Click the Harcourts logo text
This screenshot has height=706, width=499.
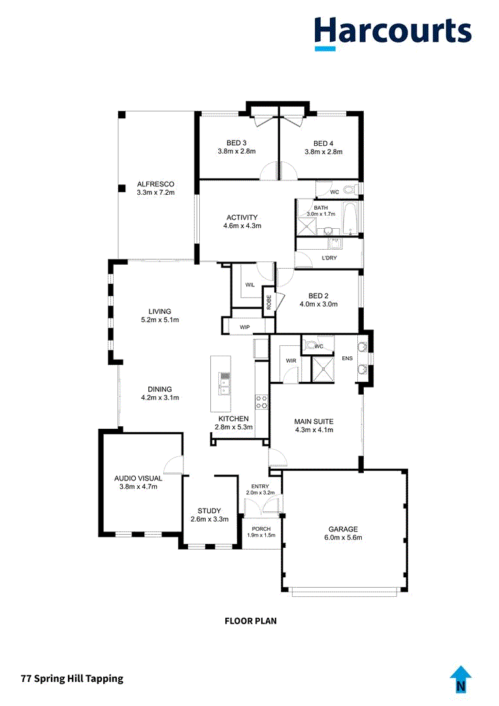[393, 31]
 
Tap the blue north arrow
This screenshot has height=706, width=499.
[460, 680]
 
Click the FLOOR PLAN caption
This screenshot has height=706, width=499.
[251, 621]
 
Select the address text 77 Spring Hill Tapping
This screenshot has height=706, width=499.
[72, 679]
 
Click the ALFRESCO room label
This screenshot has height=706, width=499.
[155, 184]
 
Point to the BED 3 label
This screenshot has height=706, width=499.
[236, 143]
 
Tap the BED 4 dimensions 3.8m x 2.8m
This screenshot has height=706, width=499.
[323, 152]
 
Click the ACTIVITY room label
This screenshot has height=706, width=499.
[242, 218]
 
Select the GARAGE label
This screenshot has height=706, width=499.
[343, 529]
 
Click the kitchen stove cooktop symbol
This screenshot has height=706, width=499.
[262, 402]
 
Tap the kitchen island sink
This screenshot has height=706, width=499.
[225, 383]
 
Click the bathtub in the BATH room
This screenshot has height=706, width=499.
[350, 218]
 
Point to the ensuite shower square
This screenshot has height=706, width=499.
[323, 369]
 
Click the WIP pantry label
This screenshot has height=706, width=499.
[245, 328]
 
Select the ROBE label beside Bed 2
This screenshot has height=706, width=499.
[268, 301]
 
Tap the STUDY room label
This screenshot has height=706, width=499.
[209, 511]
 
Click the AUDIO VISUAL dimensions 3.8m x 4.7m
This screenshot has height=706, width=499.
[138, 487]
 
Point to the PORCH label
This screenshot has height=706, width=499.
[261, 529]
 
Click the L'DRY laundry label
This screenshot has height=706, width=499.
[329, 258]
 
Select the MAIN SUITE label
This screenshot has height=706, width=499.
[314, 422]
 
